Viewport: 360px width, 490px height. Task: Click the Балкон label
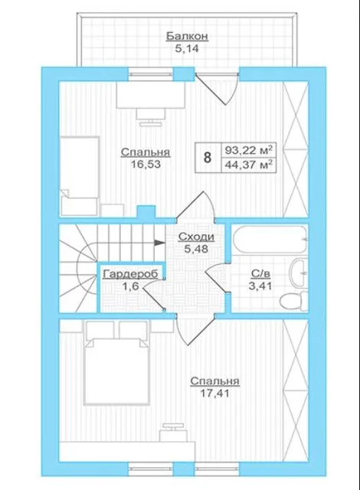click(x=187, y=37)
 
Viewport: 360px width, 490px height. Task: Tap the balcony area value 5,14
click(x=187, y=49)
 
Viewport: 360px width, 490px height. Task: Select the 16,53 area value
click(x=146, y=164)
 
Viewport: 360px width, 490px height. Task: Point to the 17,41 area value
click(x=215, y=393)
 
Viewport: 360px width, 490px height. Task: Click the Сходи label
click(x=196, y=237)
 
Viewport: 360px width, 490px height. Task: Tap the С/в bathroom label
click(x=260, y=274)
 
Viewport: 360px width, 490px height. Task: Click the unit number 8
click(x=208, y=158)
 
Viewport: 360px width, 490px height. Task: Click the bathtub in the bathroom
click(x=270, y=240)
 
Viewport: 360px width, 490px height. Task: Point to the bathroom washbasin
click(x=299, y=273)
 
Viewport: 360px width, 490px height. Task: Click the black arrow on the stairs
click(x=159, y=243)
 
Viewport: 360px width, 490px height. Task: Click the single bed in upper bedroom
click(x=80, y=175)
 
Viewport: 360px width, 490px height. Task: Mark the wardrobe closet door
click(x=153, y=295)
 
